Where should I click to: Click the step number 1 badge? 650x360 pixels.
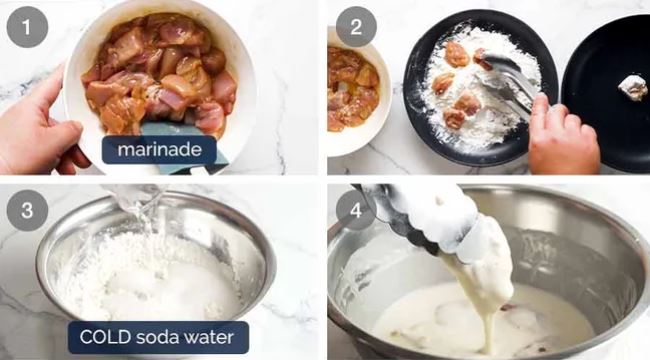pos(27,27)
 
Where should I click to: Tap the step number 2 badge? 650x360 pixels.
pos(356,27)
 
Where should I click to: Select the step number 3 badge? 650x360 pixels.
pos(27,210)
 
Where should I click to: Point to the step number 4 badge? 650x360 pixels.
pos(356,210)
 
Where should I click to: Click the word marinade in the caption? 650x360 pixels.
pos(160,149)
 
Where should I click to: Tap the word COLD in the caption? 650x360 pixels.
pos(105,337)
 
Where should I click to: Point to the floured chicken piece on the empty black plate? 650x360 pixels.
pos(633,88)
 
